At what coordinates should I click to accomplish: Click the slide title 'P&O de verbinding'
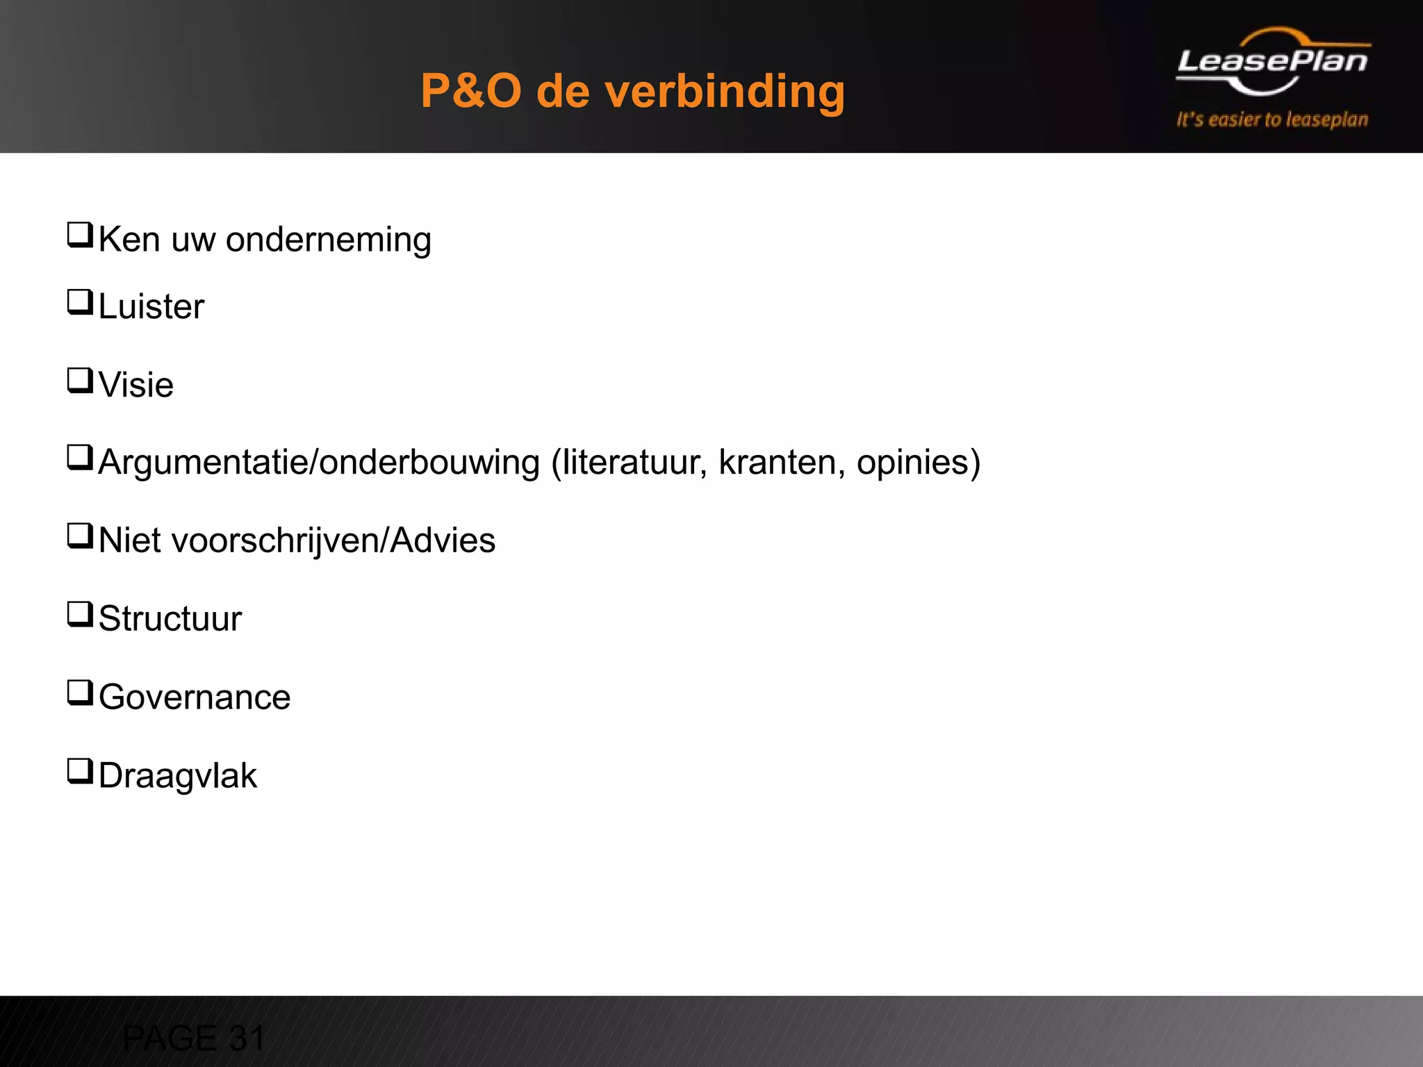point(632,91)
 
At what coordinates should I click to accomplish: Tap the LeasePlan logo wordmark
point(1272,62)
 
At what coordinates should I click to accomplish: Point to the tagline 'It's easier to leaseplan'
point(1272,119)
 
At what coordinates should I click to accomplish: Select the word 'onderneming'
point(329,240)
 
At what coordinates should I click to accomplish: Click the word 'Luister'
point(151,306)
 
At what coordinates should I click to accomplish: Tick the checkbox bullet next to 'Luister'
point(80,302)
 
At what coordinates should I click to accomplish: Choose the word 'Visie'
point(136,385)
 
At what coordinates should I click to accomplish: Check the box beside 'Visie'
point(80,381)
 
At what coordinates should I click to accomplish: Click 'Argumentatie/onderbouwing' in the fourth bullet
point(319,463)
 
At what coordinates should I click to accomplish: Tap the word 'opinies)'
point(919,463)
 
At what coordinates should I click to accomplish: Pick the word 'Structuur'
point(170,619)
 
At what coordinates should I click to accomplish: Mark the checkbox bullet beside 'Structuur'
point(80,615)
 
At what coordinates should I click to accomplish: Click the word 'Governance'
point(195,697)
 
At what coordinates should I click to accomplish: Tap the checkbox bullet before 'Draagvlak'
point(80,771)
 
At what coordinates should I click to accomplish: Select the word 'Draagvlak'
point(178,776)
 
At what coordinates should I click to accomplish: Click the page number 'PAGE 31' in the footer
point(194,1039)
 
